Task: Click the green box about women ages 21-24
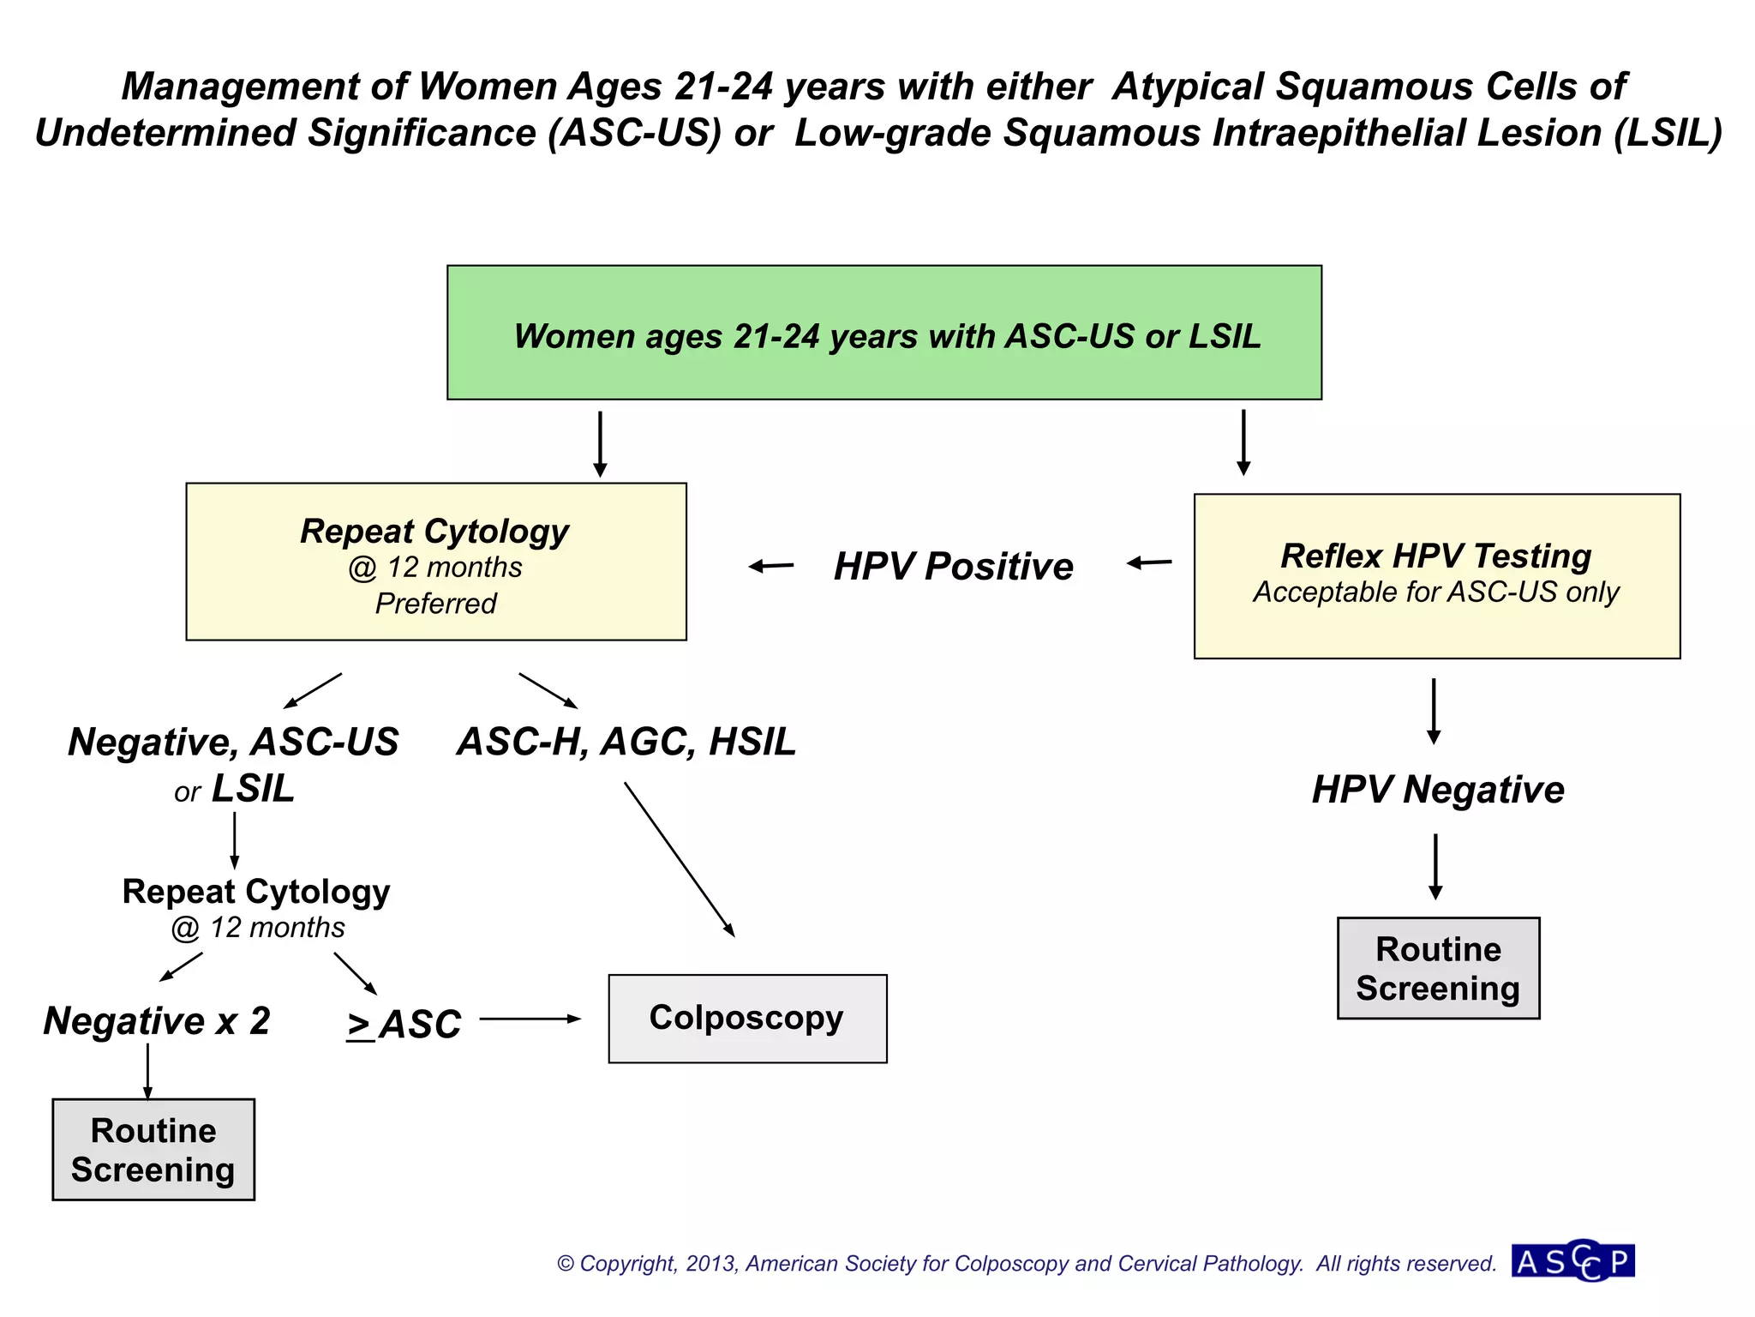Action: [883, 333]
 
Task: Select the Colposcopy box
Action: [747, 1019]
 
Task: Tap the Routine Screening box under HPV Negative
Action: [1438, 968]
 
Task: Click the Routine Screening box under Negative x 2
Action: [153, 1150]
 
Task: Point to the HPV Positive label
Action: [953, 567]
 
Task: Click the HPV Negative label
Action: [1438, 790]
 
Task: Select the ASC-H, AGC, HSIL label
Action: [626, 742]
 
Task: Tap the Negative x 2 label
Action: [157, 1021]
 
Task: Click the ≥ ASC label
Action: [404, 1025]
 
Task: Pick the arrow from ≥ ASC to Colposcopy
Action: [530, 1019]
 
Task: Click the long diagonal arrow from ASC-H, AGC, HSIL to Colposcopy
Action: [679, 858]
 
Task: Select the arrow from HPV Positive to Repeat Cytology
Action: [771, 566]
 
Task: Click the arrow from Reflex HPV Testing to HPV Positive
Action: [1149, 562]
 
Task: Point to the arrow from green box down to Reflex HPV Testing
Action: [1243, 442]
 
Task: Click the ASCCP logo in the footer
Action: [1573, 1262]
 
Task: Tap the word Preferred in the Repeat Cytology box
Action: [435, 604]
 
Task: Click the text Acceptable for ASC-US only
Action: [1436, 592]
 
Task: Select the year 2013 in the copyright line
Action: [710, 1264]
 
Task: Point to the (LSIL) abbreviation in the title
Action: [1668, 134]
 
